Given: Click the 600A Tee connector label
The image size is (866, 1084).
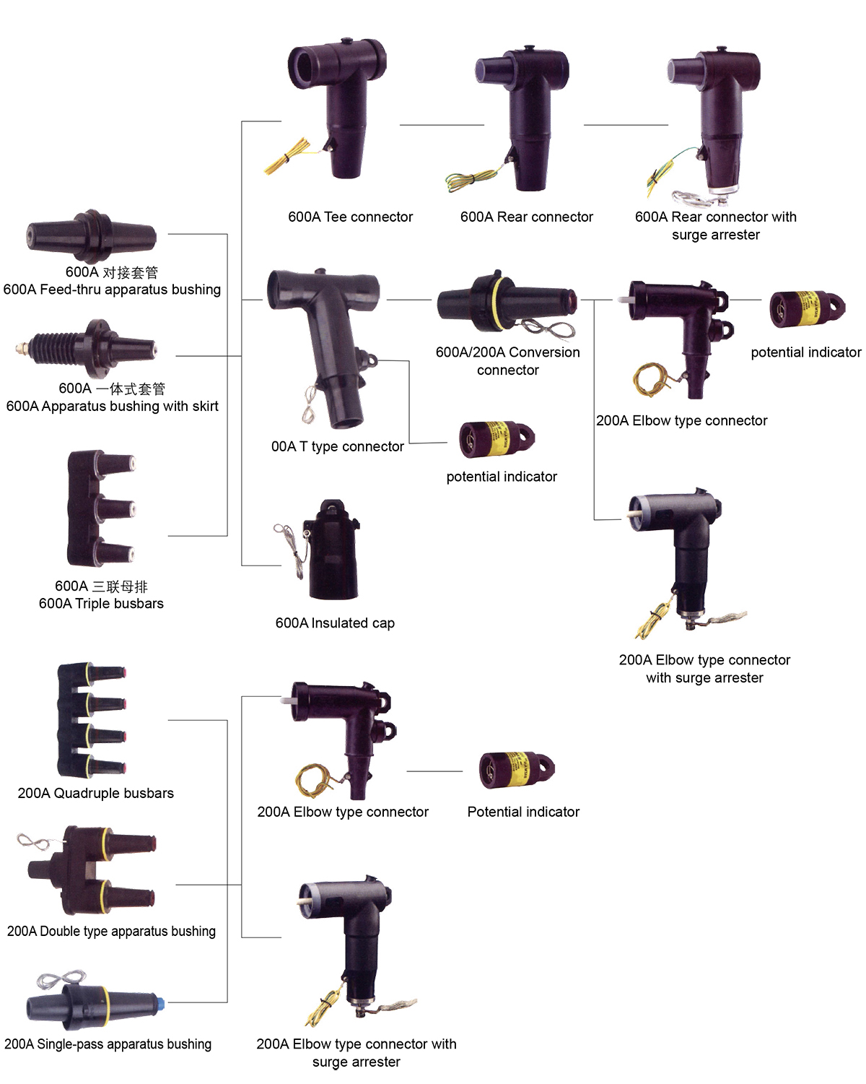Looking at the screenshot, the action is pos(350,217).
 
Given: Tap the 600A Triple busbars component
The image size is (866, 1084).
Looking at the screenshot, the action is pos(102,508).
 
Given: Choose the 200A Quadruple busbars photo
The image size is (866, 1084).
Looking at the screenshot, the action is pos(91,720).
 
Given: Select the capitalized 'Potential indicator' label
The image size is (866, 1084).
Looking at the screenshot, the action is pos(523,812).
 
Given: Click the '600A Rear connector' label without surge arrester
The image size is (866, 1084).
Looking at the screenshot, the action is pos(527,217).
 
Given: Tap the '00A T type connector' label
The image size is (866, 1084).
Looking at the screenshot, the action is pos(337,446).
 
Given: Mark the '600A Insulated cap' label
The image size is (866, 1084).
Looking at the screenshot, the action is pos(335,623).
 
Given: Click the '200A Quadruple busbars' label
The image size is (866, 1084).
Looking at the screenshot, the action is pos(96,794).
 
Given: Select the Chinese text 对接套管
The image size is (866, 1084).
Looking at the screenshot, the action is pos(131,272).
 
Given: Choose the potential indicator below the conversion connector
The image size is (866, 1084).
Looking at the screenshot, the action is pos(497,439).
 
